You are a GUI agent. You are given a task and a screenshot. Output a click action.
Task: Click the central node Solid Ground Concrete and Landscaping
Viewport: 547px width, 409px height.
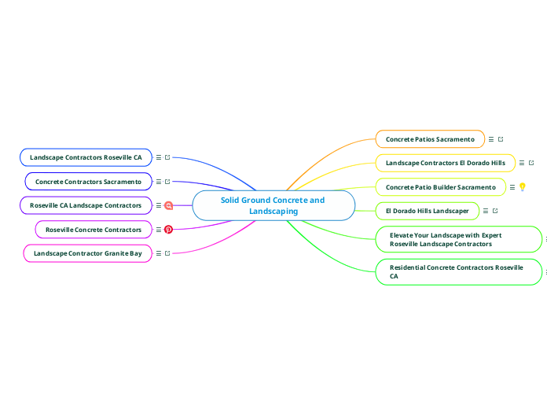(x=273, y=206)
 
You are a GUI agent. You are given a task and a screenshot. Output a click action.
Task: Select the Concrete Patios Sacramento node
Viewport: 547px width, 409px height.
(x=430, y=139)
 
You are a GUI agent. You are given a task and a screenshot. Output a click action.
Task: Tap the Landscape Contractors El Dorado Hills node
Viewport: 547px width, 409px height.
(x=445, y=163)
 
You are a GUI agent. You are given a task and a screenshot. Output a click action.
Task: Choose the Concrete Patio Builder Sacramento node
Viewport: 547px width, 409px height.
(x=440, y=187)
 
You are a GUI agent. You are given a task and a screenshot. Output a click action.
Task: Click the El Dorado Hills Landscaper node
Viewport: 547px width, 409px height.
(x=427, y=211)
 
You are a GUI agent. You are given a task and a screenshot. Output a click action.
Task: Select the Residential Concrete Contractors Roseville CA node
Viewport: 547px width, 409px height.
(x=459, y=272)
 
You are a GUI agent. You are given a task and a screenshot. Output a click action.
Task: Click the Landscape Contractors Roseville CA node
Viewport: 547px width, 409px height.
(x=86, y=157)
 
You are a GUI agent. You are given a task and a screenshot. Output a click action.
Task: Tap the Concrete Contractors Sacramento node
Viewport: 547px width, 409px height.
(x=88, y=182)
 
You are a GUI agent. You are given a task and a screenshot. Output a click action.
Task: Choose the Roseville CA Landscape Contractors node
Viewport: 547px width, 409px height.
(x=86, y=205)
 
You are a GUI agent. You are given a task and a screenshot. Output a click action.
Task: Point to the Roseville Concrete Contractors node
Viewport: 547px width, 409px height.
(x=94, y=230)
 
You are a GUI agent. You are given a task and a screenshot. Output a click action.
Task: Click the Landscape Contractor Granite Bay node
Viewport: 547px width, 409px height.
(x=87, y=253)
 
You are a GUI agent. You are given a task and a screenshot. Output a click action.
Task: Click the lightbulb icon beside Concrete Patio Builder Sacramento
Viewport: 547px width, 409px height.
(x=522, y=187)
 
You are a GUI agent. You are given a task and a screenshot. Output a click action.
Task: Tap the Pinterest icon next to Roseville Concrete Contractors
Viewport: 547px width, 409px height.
(x=168, y=230)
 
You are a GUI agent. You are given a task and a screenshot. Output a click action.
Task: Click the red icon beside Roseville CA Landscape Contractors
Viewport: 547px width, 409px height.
(x=168, y=205)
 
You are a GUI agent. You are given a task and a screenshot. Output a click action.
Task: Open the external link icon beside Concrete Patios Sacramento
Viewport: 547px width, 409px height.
(x=501, y=139)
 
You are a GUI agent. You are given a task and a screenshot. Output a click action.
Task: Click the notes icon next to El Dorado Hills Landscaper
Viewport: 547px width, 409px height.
(x=486, y=211)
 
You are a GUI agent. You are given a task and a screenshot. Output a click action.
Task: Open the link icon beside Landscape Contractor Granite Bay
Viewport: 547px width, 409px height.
(x=167, y=253)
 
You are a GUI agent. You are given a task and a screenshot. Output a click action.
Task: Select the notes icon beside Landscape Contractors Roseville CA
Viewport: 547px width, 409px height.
(x=159, y=157)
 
